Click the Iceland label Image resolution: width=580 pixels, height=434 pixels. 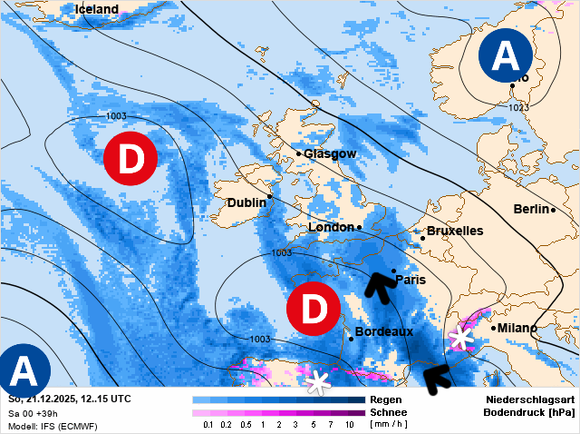(96, 9)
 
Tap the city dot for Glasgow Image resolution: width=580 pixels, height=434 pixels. (298, 153)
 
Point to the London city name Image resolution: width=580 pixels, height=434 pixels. (332, 227)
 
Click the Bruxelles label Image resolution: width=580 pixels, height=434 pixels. (454, 232)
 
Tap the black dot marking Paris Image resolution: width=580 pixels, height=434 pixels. (393, 271)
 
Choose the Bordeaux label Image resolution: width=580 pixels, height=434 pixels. (383, 332)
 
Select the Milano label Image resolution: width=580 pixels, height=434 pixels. (517, 328)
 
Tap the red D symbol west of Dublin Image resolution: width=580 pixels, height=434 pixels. (130, 161)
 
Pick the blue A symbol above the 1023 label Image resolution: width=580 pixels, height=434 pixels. (505, 55)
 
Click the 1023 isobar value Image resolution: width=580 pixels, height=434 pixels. (517, 107)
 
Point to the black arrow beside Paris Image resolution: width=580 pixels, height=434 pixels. (380, 285)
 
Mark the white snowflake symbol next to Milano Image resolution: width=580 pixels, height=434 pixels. (461, 339)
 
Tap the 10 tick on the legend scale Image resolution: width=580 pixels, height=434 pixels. (349, 425)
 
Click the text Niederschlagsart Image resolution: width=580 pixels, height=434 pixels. (529, 399)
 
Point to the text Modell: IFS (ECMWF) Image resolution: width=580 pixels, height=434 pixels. (53, 426)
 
